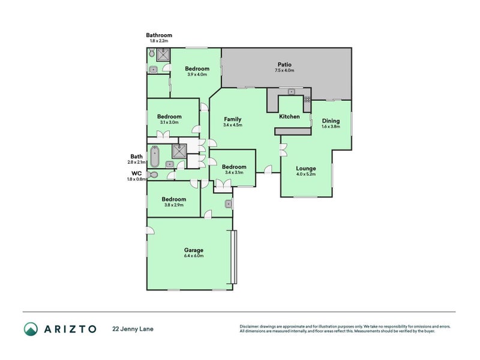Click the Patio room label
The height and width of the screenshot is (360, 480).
coord(284,65)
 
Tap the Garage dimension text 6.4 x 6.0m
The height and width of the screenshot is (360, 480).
coord(194,256)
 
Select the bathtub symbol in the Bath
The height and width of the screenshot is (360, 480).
coord(155,157)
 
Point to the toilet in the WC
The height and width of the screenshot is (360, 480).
coord(152,175)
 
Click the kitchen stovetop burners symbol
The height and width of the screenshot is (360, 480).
coord(307,99)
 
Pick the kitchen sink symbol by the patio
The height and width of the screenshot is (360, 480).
coord(292,91)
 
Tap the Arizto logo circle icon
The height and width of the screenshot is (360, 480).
coord(31,329)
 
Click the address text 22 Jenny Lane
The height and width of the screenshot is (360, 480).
coord(133,329)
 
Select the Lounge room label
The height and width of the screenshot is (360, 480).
coord(306,169)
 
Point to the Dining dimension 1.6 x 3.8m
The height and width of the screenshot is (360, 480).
coord(331,127)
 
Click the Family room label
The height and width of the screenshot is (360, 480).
coord(233,119)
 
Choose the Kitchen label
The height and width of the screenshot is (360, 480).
coord(289,116)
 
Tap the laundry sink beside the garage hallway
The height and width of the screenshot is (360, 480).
coord(229,204)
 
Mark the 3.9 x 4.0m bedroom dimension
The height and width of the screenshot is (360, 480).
coord(197,74)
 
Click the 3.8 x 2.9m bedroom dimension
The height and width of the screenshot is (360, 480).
coord(174,205)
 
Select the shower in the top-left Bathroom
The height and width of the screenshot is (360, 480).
coord(163,55)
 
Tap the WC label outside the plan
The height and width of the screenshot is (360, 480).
coord(137,173)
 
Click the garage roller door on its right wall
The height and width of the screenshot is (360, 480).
coord(234,257)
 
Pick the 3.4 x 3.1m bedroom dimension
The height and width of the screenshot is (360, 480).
coord(234,173)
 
